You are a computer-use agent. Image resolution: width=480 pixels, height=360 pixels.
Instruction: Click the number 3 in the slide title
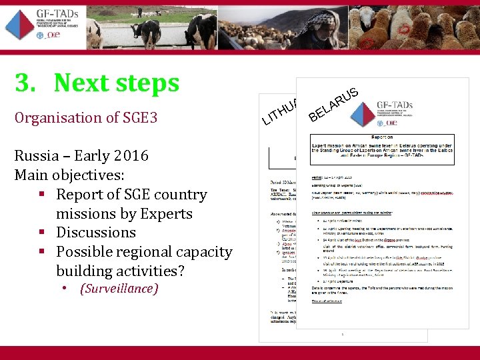point(24,84)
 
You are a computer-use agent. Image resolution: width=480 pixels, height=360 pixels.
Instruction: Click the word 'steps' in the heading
point(148,84)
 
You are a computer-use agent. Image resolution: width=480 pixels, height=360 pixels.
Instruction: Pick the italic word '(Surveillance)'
point(119,289)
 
